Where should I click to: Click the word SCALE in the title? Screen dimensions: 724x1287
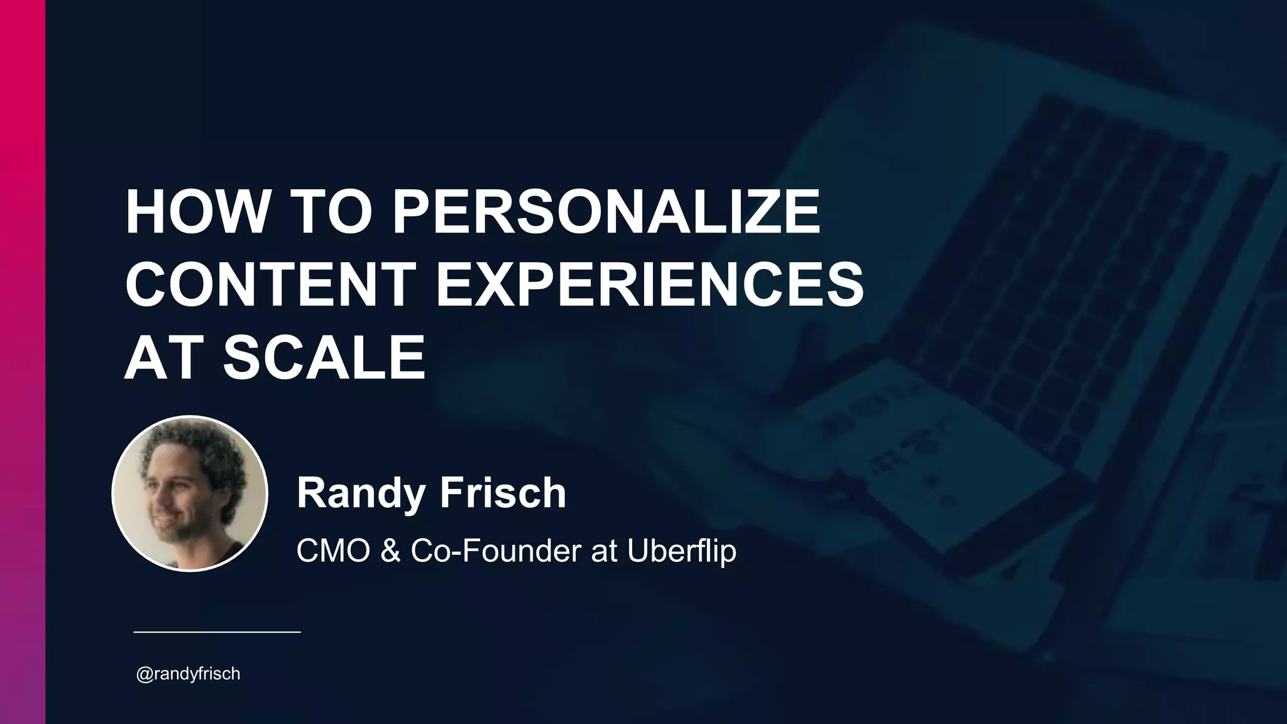point(324,358)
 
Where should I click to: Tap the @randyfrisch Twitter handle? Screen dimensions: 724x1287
point(188,674)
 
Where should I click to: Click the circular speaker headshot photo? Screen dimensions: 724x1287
point(190,494)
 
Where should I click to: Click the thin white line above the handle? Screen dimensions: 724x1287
point(217,631)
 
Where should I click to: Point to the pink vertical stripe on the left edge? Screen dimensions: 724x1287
point(22,362)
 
